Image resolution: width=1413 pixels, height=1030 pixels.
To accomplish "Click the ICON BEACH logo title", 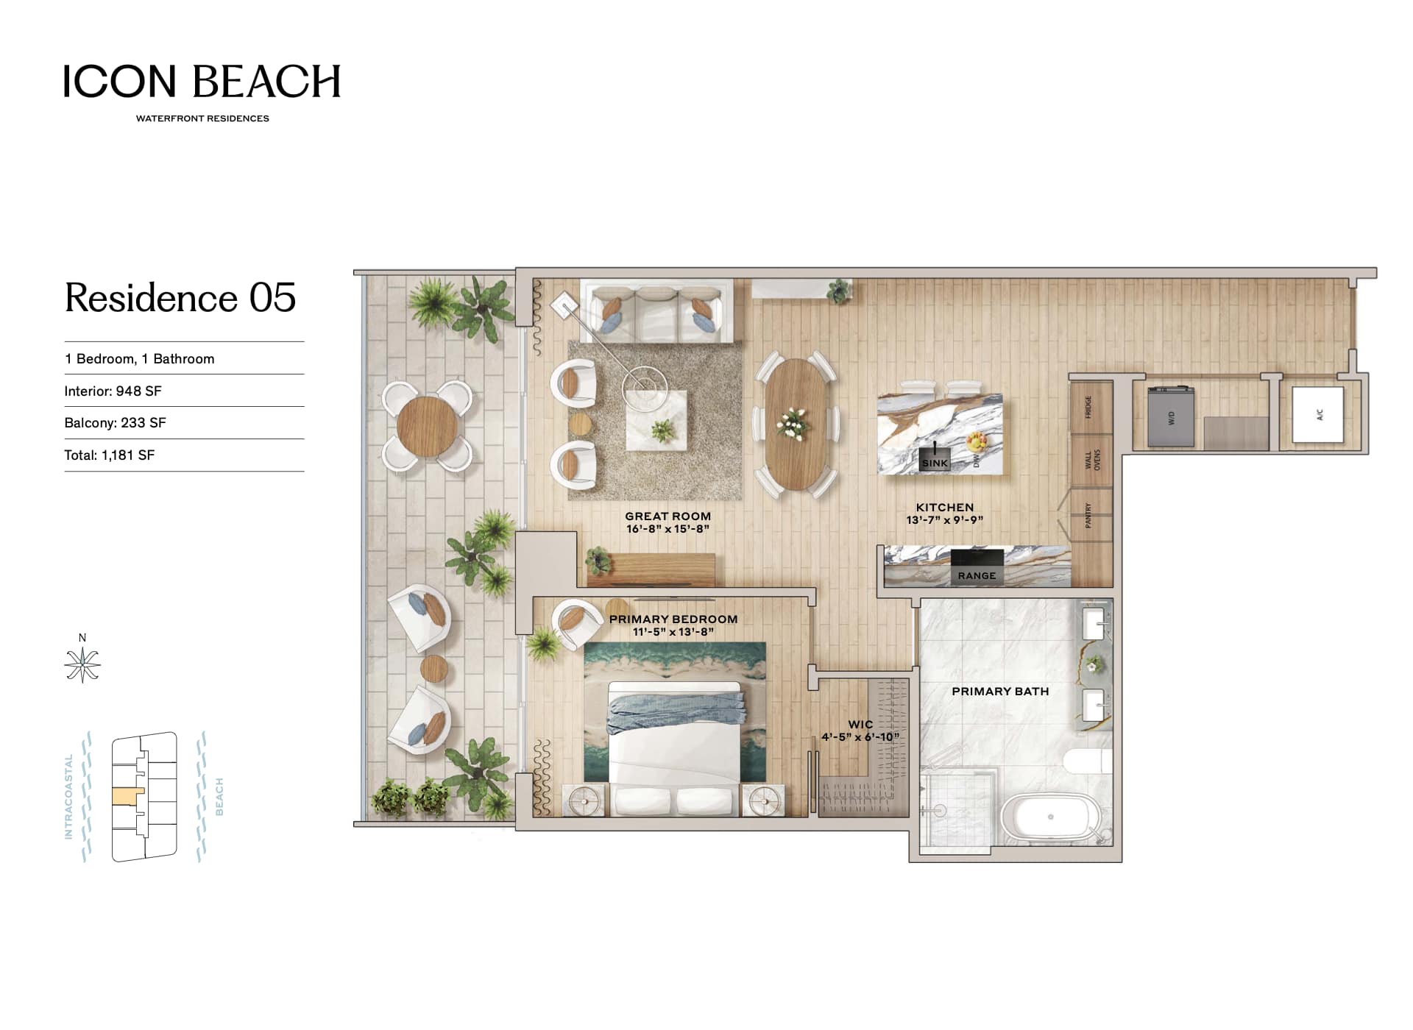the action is (202, 81).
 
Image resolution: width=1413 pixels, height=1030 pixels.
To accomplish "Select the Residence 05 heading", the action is (180, 298).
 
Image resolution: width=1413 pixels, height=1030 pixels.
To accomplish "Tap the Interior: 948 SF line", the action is (113, 391).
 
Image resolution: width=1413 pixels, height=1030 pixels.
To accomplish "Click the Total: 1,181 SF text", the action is (110, 455).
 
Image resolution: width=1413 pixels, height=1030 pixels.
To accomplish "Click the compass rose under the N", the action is (82, 665).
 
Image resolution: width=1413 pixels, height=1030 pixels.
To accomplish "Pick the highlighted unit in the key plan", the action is (127, 796).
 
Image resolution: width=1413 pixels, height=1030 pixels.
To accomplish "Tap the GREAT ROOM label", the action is (668, 516).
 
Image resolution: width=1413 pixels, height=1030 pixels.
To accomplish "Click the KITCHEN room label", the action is (945, 508).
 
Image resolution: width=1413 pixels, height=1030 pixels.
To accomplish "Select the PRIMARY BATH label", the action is (1000, 692).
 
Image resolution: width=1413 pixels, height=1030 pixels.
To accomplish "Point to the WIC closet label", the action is (860, 725).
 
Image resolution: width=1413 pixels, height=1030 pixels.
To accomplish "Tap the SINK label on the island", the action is (935, 464).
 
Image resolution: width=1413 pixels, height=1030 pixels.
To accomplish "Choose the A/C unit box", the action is (1318, 415).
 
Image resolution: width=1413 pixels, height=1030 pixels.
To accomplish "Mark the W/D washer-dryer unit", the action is (1171, 416).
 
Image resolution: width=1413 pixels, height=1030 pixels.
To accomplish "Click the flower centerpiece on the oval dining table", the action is (793, 424).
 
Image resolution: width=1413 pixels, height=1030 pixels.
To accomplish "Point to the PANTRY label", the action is (1088, 515).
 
